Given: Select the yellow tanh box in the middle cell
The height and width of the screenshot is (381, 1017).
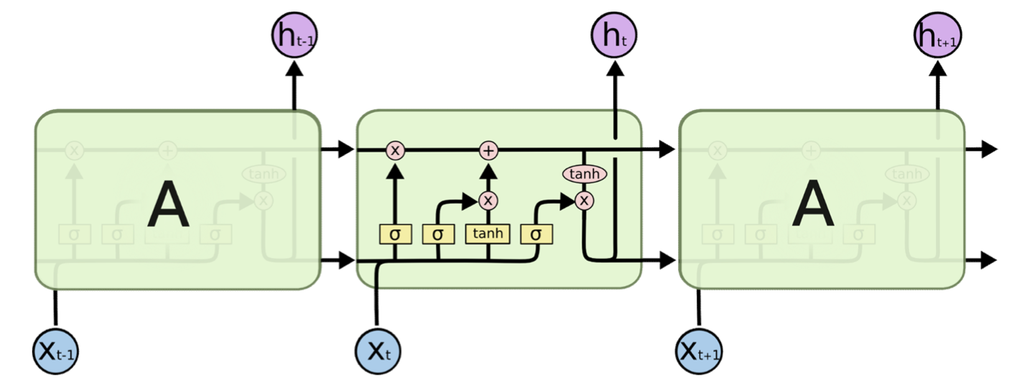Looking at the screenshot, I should pyautogui.click(x=488, y=234).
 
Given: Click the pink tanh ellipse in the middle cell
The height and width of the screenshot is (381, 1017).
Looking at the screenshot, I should pyautogui.click(x=585, y=174).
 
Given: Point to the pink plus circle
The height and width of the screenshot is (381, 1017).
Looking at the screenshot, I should pyautogui.click(x=488, y=150).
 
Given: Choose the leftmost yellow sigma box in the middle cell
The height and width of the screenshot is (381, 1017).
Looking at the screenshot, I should pyautogui.click(x=395, y=234).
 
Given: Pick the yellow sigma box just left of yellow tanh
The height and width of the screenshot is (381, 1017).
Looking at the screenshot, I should pyautogui.click(x=439, y=234).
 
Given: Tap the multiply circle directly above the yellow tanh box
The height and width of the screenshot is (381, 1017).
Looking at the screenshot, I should pyautogui.click(x=488, y=200).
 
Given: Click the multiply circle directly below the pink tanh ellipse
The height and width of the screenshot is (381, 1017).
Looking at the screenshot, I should pyautogui.click(x=585, y=200).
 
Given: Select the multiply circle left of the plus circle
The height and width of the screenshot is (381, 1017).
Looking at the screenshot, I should pyautogui.click(x=395, y=150).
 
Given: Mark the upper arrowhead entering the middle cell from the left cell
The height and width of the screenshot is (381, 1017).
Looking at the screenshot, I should pyautogui.click(x=346, y=150).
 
